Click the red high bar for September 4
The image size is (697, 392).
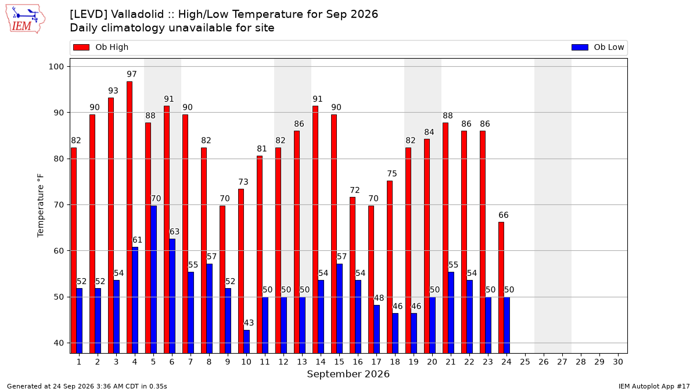(x=130, y=217)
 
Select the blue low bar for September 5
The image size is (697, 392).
(x=154, y=280)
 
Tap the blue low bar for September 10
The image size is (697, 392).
(x=246, y=342)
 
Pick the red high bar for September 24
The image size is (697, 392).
(x=501, y=288)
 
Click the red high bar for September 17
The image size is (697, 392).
(x=371, y=280)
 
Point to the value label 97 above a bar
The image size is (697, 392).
(x=132, y=74)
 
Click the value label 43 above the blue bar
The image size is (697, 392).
(x=249, y=323)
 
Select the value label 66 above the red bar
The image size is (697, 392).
(x=504, y=215)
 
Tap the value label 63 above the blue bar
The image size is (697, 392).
(x=174, y=232)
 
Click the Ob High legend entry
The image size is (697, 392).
(x=101, y=47)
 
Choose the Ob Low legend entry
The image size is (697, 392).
(x=598, y=47)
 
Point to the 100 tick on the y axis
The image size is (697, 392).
(x=56, y=67)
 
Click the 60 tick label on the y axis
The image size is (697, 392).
(x=59, y=251)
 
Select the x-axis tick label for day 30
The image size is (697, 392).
(x=618, y=362)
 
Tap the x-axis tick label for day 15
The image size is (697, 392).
(x=339, y=362)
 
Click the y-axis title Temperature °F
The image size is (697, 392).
(x=41, y=206)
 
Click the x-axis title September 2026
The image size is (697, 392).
(x=348, y=374)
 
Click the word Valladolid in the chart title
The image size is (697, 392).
(x=137, y=15)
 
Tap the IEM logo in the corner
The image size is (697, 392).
(x=25, y=19)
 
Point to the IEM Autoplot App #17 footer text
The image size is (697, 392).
(x=654, y=386)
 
